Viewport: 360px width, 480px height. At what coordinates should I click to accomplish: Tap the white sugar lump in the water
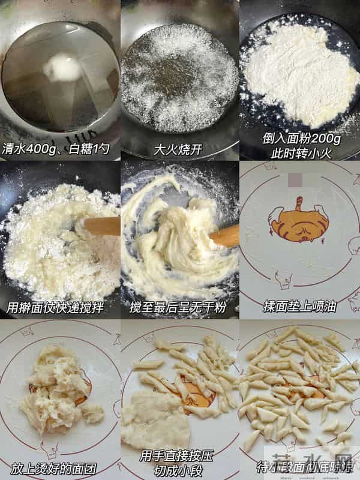[x=62, y=67]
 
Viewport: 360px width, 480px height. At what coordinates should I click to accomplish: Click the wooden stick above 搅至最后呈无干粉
[x=224, y=236]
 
